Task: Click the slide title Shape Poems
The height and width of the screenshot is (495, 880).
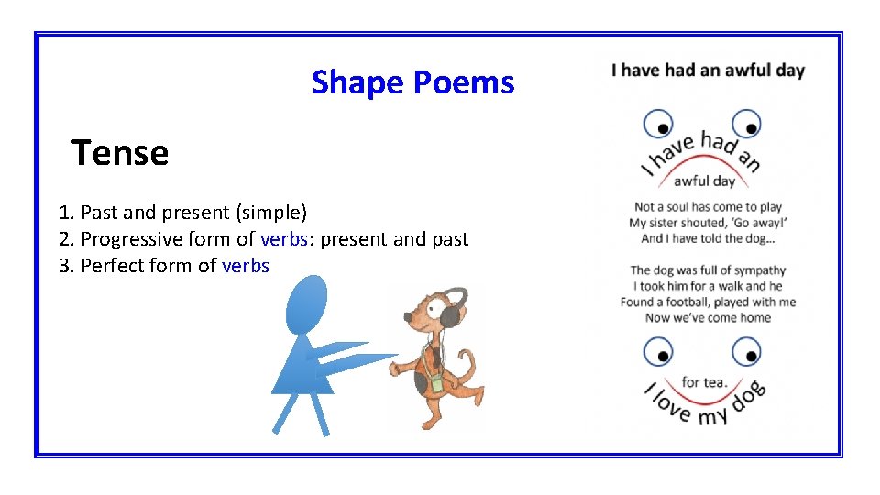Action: point(412,82)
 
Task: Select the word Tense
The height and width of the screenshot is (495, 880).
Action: point(120,153)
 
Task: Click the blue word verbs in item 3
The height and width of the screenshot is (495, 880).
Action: point(246,266)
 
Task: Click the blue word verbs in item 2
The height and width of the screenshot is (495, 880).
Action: point(283,239)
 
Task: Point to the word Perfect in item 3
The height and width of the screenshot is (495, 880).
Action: point(113,266)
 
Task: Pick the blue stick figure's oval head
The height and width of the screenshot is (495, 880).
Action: point(305,304)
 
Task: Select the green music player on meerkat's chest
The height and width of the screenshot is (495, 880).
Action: point(437,382)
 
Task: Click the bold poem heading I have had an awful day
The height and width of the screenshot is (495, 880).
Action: point(708,70)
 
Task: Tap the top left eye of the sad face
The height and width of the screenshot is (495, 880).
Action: point(658,124)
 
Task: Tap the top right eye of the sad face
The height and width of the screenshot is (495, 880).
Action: point(746,124)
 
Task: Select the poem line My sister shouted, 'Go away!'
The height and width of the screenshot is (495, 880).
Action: point(709,223)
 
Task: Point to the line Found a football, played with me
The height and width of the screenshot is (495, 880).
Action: point(708,302)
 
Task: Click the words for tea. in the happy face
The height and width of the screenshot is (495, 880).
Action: point(704,381)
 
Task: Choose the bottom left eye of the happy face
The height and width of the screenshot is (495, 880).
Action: point(658,352)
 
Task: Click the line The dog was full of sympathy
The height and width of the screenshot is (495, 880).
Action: point(708,269)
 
